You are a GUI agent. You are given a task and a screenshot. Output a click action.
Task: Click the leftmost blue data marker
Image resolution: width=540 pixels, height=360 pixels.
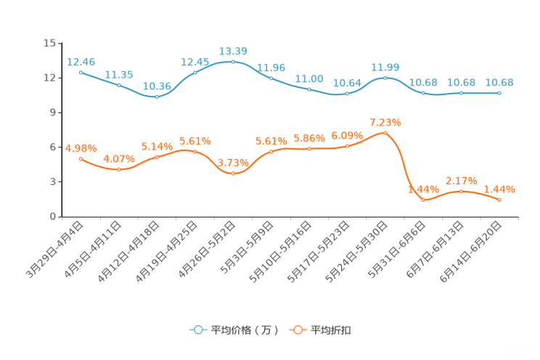pos(81,72)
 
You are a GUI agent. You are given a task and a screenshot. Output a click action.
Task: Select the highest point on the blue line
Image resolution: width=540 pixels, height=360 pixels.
pos(233,62)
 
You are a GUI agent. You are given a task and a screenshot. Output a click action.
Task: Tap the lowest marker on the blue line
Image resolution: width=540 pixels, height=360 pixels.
pos(157,97)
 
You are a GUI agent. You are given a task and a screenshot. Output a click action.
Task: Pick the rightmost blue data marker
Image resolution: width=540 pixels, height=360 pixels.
pos(499,93)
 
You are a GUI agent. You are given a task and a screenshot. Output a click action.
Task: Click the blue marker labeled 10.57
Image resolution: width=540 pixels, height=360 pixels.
pos(347,94)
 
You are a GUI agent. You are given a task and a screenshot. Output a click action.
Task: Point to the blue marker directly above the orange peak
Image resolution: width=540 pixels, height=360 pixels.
pos(385,77)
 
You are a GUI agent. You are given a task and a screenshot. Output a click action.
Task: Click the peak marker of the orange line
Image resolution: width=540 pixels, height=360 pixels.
pos(385,132)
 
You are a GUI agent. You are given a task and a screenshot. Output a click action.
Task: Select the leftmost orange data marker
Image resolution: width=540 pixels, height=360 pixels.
pos(81,158)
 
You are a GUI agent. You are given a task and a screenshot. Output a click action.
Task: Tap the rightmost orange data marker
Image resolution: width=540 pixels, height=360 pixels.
pos(499,200)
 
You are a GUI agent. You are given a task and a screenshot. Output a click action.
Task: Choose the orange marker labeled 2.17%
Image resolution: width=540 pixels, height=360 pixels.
pos(461,192)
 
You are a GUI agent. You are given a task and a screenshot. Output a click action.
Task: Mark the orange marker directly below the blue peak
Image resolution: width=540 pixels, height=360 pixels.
pos(233,173)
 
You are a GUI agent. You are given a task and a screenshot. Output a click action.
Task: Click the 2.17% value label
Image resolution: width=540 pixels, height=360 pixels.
pos(461,180)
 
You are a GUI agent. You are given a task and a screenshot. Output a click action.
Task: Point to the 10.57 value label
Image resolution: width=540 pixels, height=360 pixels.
pos(347,83)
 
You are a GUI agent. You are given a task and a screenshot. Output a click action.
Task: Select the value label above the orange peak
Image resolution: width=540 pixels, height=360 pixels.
pos(385,120)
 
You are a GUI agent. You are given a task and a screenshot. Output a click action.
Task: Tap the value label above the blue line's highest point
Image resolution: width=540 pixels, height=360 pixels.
pos(233,51)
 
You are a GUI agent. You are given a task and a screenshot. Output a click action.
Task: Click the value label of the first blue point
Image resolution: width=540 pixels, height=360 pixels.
pos(81,61)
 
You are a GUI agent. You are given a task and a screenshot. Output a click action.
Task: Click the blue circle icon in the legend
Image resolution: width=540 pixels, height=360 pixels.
pos(197,330)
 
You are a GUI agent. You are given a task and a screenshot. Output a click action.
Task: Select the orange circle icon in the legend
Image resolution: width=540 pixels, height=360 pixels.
pos(297,330)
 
